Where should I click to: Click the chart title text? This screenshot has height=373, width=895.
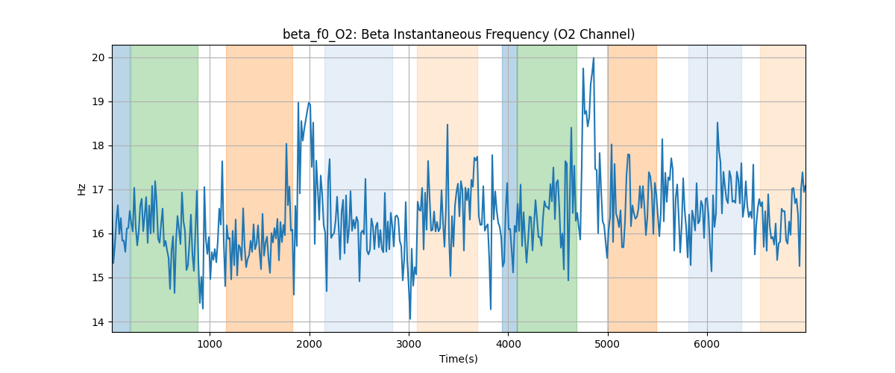click(459, 34)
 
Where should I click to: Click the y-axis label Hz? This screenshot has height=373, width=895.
click(82, 189)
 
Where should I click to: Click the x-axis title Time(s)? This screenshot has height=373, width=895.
click(459, 359)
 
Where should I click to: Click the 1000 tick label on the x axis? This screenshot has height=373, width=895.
click(210, 344)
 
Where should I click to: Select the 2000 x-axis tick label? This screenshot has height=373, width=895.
click(310, 344)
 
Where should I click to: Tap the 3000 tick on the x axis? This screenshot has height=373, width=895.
click(409, 344)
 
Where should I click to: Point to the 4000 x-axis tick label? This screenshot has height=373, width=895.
click(508, 344)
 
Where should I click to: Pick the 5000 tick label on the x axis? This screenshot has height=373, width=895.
click(608, 344)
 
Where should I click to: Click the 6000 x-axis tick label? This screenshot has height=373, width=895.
click(707, 344)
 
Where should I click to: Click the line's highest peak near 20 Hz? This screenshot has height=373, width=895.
click(593, 58)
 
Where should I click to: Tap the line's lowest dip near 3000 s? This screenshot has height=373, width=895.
click(409, 319)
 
